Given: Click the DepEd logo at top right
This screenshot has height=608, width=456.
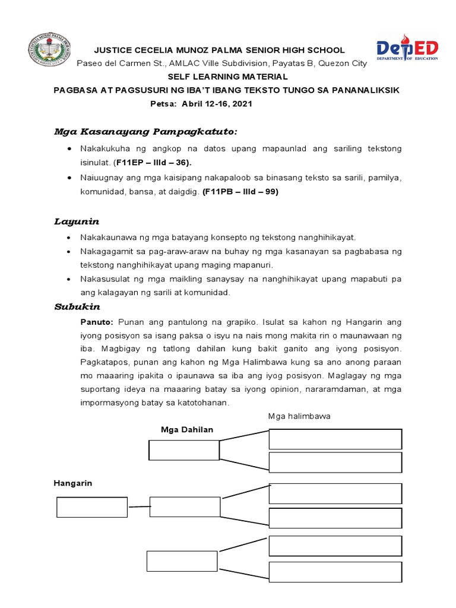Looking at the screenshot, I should pyautogui.click(x=407, y=48).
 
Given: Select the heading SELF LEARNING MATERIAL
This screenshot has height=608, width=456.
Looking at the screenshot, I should pyautogui.click(x=227, y=77).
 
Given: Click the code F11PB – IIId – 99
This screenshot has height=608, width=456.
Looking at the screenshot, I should pyautogui.click(x=239, y=192).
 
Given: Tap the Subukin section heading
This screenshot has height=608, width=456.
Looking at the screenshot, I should pyautogui.click(x=77, y=307).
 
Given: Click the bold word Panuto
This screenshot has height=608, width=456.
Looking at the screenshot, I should pyautogui.click(x=97, y=322).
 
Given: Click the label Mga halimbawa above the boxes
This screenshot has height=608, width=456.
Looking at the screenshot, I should pyautogui.click(x=299, y=416).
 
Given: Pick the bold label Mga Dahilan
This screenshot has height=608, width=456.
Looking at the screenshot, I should pyautogui.click(x=186, y=429).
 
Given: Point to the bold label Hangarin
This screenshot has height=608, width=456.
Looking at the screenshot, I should pyautogui.click(x=73, y=483).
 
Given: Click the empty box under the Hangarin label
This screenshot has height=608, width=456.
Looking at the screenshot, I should pyautogui.click(x=91, y=507).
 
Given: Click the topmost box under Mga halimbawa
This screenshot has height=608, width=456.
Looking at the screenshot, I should pyautogui.click(x=335, y=439).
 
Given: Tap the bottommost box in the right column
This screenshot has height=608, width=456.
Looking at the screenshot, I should pyautogui.click(x=335, y=572).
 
